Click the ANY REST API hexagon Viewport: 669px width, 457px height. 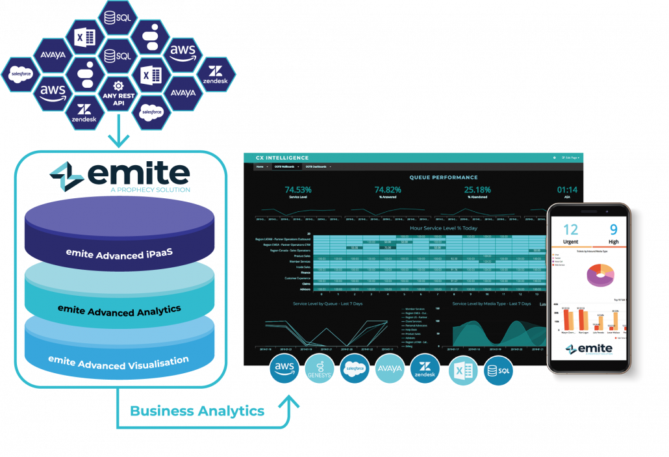[118, 93]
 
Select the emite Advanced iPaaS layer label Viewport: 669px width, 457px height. [119, 254]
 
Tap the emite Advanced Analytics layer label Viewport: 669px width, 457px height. [119, 310]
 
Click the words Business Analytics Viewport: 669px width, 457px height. [197, 411]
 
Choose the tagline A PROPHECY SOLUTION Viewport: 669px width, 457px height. [150, 190]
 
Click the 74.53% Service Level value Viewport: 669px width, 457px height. [298, 190]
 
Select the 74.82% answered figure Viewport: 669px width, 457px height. [388, 190]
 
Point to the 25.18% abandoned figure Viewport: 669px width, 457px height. [477, 190]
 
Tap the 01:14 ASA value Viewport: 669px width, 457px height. [566, 190]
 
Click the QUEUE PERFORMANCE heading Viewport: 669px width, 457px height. [444, 177]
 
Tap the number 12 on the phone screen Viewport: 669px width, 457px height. [570, 229]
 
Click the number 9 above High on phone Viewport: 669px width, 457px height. [613, 229]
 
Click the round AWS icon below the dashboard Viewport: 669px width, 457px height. [284, 370]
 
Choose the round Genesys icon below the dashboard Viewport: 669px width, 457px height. [320, 370]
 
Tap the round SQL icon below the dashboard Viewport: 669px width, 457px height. [499, 371]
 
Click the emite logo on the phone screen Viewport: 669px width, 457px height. [589, 349]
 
